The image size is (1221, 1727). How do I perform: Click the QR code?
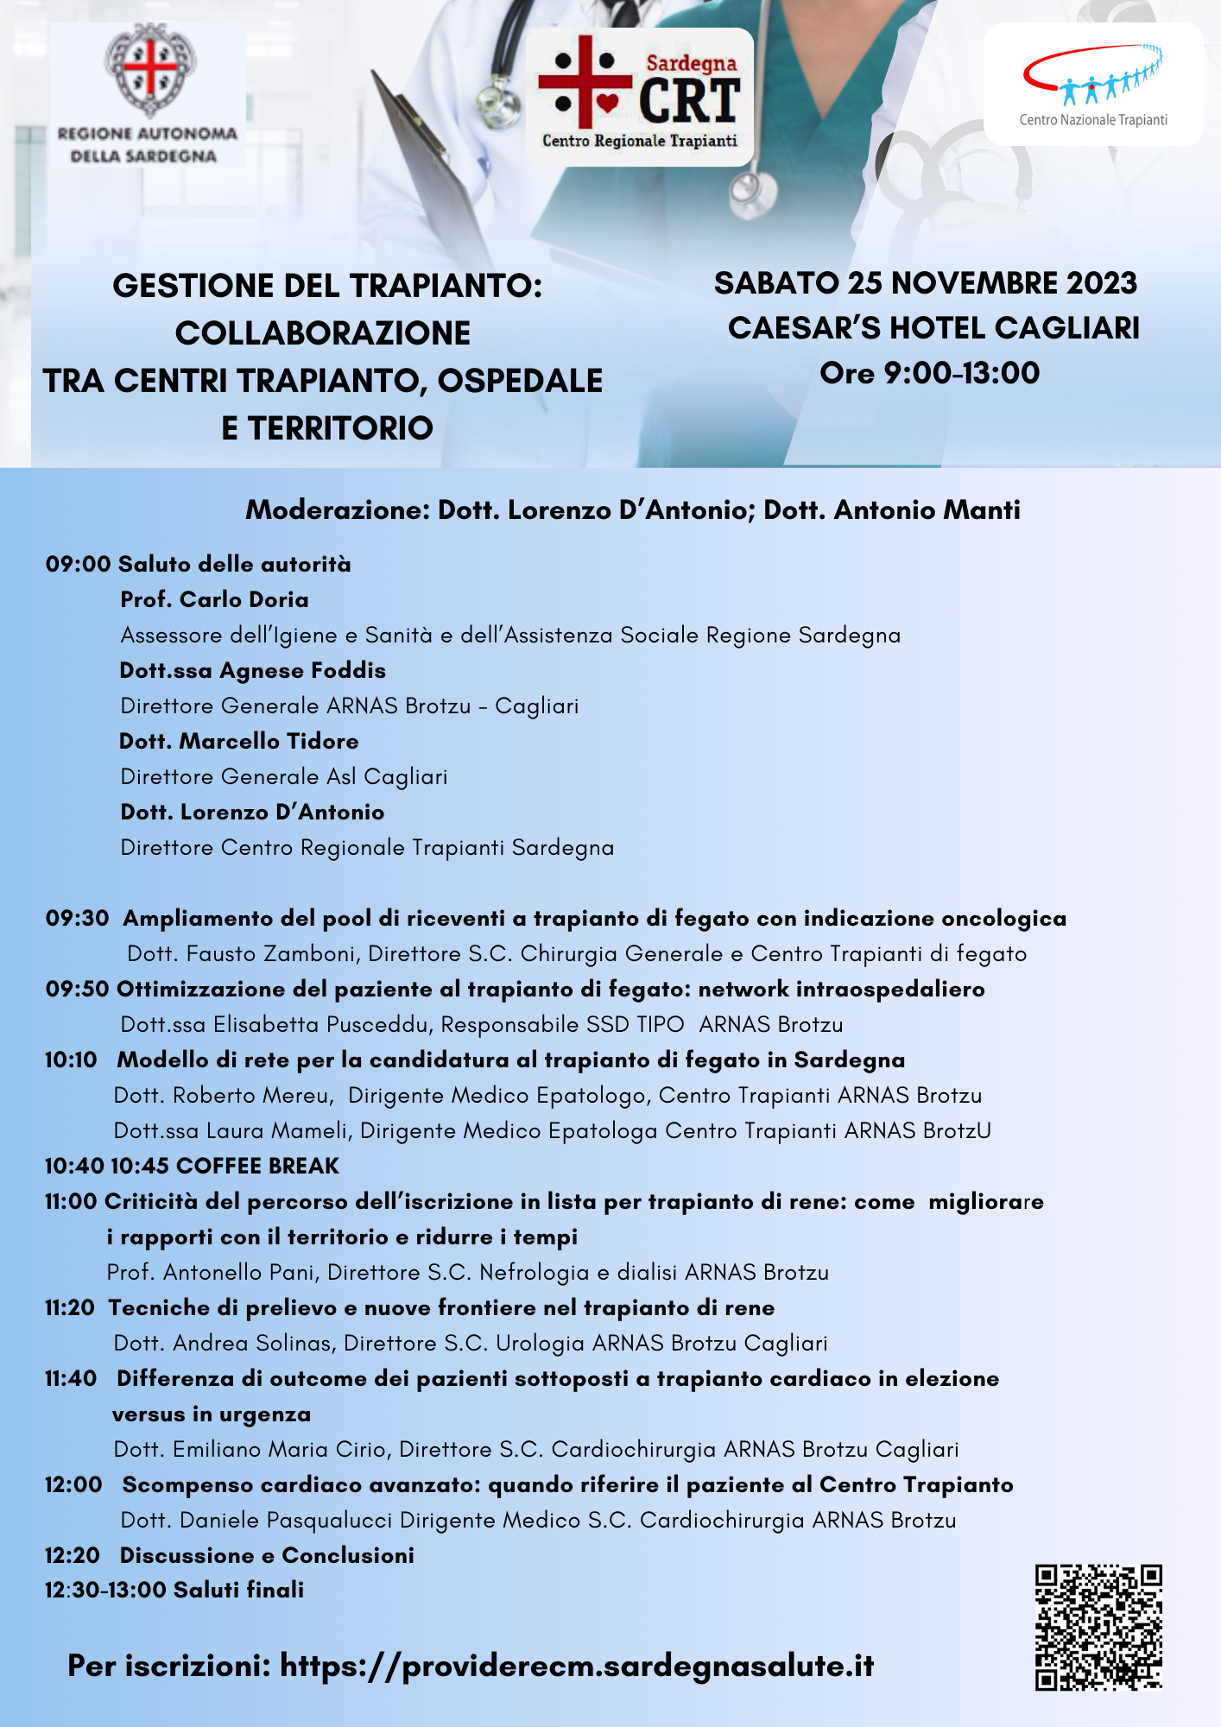tap(1098, 1626)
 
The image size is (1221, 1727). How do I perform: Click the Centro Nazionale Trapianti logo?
tap(1093, 85)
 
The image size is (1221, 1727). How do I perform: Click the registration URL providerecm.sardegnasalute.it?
tap(577, 1666)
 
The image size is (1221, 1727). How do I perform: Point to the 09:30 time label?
tap(78, 918)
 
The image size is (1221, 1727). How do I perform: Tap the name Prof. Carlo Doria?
tap(214, 599)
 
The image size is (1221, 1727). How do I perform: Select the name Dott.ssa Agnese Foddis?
tap(252, 670)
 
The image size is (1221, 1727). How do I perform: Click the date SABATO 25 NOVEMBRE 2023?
tap(926, 283)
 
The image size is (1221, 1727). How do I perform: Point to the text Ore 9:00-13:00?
tap(929, 373)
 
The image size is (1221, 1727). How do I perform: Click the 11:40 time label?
tap(71, 1378)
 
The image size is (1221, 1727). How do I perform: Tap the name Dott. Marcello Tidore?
tap(239, 741)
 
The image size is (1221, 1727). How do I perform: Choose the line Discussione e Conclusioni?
tap(267, 1555)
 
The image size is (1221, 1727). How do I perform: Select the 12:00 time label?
tap(73, 1484)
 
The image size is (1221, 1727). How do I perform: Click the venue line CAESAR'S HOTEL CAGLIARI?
tap(933, 328)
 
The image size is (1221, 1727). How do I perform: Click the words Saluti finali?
tap(238, 1590)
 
